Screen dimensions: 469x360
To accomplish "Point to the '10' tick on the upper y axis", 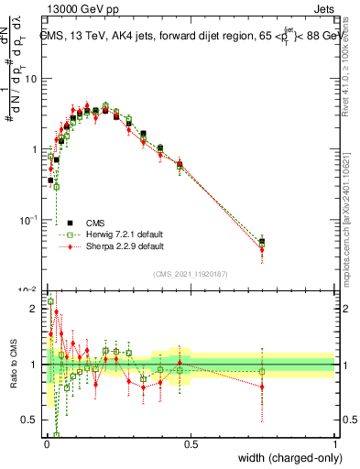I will click(31, 79).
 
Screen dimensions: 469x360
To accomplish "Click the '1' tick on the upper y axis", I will click(34, 149).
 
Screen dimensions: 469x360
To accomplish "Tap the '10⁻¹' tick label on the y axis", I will click(29, 220).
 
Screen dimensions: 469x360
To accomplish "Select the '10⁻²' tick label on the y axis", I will click(29, 289).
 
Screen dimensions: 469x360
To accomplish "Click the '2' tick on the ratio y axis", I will click(35, 309).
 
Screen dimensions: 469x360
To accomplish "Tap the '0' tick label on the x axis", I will click(46, 445).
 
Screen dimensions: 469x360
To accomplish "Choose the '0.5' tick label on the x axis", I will click(191, 445).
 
